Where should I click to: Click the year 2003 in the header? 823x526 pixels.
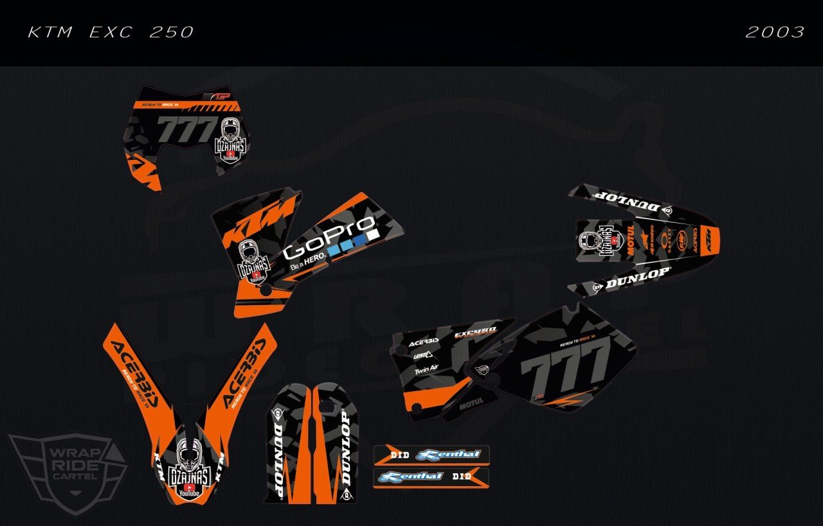point(775,32)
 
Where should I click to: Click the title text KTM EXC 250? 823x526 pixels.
point(111,32)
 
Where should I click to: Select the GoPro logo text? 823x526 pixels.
point(329,237)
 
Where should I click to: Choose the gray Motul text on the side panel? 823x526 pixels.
point(471,406)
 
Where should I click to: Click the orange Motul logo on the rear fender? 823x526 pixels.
point(630,240)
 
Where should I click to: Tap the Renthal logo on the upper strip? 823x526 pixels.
point(448,455)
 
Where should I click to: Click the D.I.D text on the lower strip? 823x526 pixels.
point(461,477)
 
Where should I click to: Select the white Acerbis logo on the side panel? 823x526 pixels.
point(424,342)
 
